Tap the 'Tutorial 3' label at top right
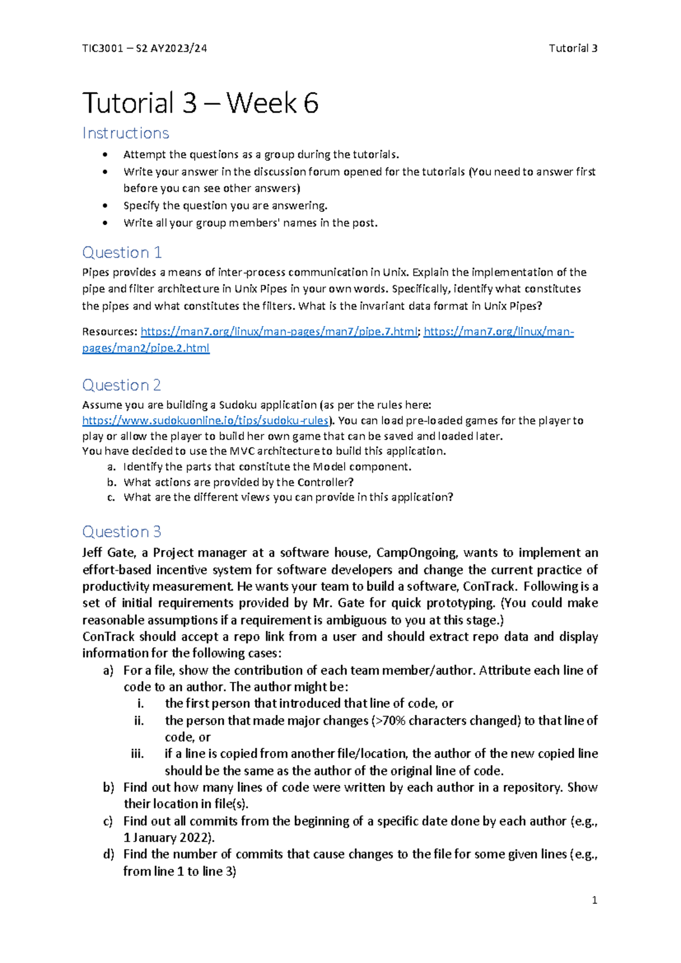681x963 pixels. point(573,48)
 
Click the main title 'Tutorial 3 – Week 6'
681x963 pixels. point(200,103)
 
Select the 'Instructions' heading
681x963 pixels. point(125,133)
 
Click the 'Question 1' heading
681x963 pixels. point(122,252)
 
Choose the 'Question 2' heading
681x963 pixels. point(121,385)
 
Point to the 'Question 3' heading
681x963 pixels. point(121,531)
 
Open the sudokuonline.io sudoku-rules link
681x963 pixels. point(205,421)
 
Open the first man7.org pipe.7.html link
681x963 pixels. point(279,332)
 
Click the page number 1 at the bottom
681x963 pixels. point(594,900)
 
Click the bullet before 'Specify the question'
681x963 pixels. point(105,206)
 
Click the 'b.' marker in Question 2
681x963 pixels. point(112,482)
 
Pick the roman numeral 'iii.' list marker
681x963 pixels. point(137,753)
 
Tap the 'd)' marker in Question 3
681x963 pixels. point(109,854)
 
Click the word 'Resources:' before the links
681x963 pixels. point(110,332)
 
